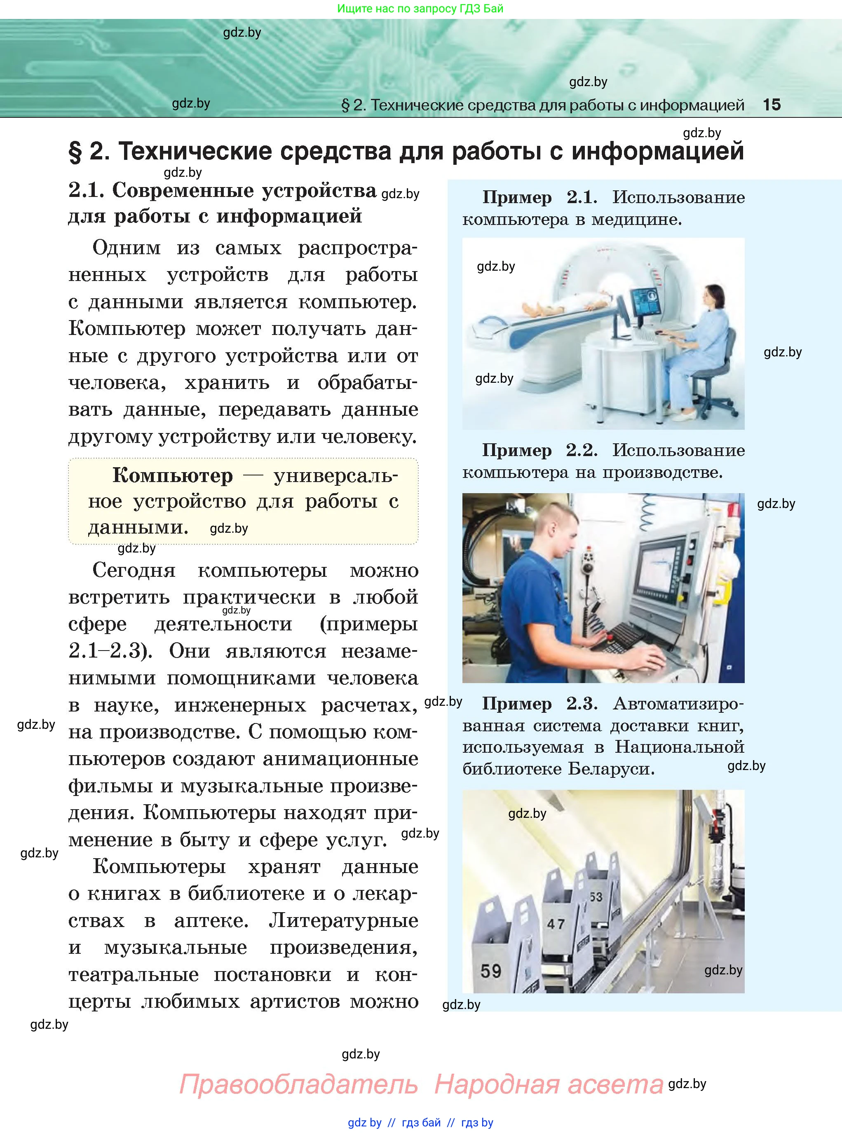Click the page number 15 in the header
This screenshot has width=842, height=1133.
tap(771, 105)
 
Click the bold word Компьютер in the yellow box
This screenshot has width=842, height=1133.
tap(172, 475)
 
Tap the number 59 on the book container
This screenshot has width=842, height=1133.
tap(491, 971)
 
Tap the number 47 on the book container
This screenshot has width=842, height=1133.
tap(556, 924)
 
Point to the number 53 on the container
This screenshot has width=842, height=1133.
tap(596, 897)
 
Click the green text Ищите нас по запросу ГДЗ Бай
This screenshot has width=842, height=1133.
tap(420, 9)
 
